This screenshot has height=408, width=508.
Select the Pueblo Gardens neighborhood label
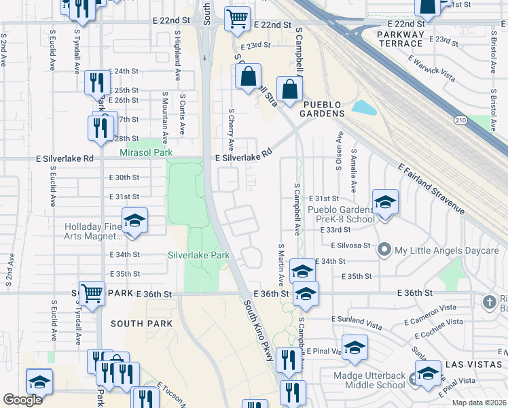click(x=323, y=109)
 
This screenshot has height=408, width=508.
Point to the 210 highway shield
click(x=460, y=120)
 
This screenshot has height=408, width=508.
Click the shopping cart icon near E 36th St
click(x=92, y=293)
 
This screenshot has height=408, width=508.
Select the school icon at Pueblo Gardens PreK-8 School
click(x=385, y=202)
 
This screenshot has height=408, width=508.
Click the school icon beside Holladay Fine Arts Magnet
click(x=134, y=221)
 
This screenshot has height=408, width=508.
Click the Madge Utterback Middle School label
click(x=369, y=381)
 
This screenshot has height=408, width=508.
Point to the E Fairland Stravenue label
click(x=431, y=190)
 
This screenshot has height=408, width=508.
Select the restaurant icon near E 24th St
click(x=97, y=82)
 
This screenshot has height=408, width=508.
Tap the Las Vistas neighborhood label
click(x=473, y=364)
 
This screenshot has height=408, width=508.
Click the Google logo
click(x=23, y=400)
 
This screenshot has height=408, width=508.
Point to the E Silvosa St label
click(x=350, y=245)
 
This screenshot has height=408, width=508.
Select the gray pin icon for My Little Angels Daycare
click(x=384, y=250)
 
